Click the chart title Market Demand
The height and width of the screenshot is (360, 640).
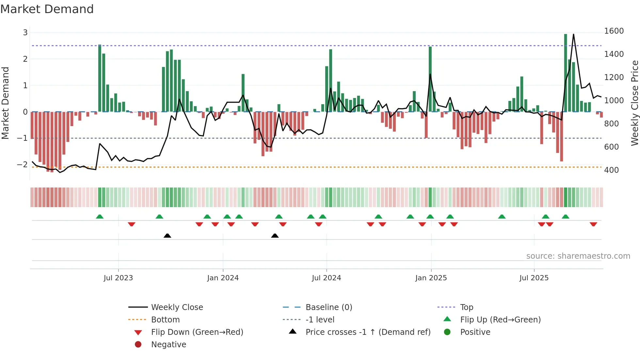(x=47, y=9)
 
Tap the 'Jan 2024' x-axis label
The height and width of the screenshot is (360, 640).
(x=223, y=278)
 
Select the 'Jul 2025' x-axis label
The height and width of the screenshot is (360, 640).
(x=534, y=278)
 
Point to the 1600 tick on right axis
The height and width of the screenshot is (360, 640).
(x=614, y=31)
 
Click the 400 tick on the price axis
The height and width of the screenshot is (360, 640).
(x=611, y=170)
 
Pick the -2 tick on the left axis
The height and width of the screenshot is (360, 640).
(x=22, y=165)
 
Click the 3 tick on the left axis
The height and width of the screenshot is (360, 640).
(x=25, y=33)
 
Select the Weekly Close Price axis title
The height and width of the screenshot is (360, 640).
(x=634, y=103)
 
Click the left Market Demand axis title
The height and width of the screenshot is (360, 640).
(x=6, y=103)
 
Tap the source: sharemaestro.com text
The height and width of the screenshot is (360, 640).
(x=578, y=256)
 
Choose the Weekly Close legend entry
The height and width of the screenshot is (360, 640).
(x=177, y=307)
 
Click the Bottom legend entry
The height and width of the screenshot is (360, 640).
(x=165, y=320)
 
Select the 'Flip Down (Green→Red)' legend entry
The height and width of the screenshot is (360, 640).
(x=197, y=332)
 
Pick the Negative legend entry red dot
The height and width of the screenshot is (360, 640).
(x=138, y=345)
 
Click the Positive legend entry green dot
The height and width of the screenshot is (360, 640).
(x=447, y=332)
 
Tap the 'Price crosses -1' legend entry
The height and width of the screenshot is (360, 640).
(x=368, y=332)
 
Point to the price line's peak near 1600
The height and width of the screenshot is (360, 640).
(x=573, y=35)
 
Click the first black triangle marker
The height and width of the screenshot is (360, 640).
(x=167, y=236)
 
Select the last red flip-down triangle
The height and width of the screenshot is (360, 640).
(x=593, y=224)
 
